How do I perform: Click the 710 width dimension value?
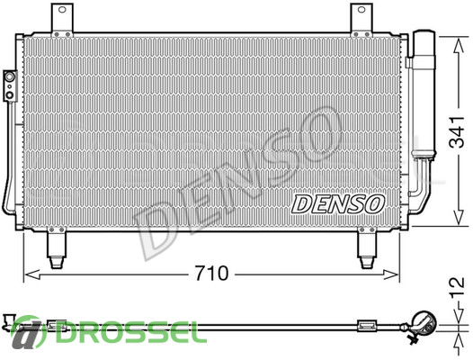[211, 274]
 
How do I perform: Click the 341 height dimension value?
[457, 131]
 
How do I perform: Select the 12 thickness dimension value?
[458, 287]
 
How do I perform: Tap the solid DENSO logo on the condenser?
[338, 204]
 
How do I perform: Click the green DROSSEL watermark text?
[128, 332]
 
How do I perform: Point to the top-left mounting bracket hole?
[62, 10]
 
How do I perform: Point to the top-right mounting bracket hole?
[361, 10]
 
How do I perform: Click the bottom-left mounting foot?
[57, 247]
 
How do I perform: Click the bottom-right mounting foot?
[367, 247]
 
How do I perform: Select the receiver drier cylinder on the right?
[424, 94]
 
